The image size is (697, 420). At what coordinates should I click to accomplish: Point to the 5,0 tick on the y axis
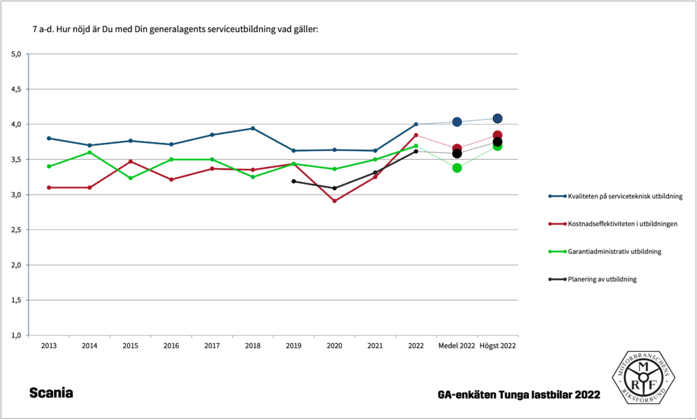(16, 54)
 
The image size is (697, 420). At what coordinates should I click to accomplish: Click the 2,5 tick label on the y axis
(16, 230)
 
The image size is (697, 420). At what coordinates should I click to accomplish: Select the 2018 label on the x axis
(253, 346)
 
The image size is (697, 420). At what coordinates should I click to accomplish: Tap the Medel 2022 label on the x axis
(457, 346)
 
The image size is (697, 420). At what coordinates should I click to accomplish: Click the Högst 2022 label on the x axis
(498, 346)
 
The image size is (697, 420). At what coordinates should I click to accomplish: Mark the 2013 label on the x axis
(48, 346)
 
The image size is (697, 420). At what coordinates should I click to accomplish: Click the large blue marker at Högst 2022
(498, 118)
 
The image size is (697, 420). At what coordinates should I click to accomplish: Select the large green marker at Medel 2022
(457, 167)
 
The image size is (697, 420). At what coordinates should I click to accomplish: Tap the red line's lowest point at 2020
(334, 201)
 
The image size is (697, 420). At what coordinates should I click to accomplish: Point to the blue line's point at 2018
(253, 129)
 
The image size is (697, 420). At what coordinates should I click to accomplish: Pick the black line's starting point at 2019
(293, 181)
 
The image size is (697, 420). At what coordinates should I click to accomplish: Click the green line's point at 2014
(89, 152)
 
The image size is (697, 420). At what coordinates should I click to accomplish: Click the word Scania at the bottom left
(51, 393)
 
